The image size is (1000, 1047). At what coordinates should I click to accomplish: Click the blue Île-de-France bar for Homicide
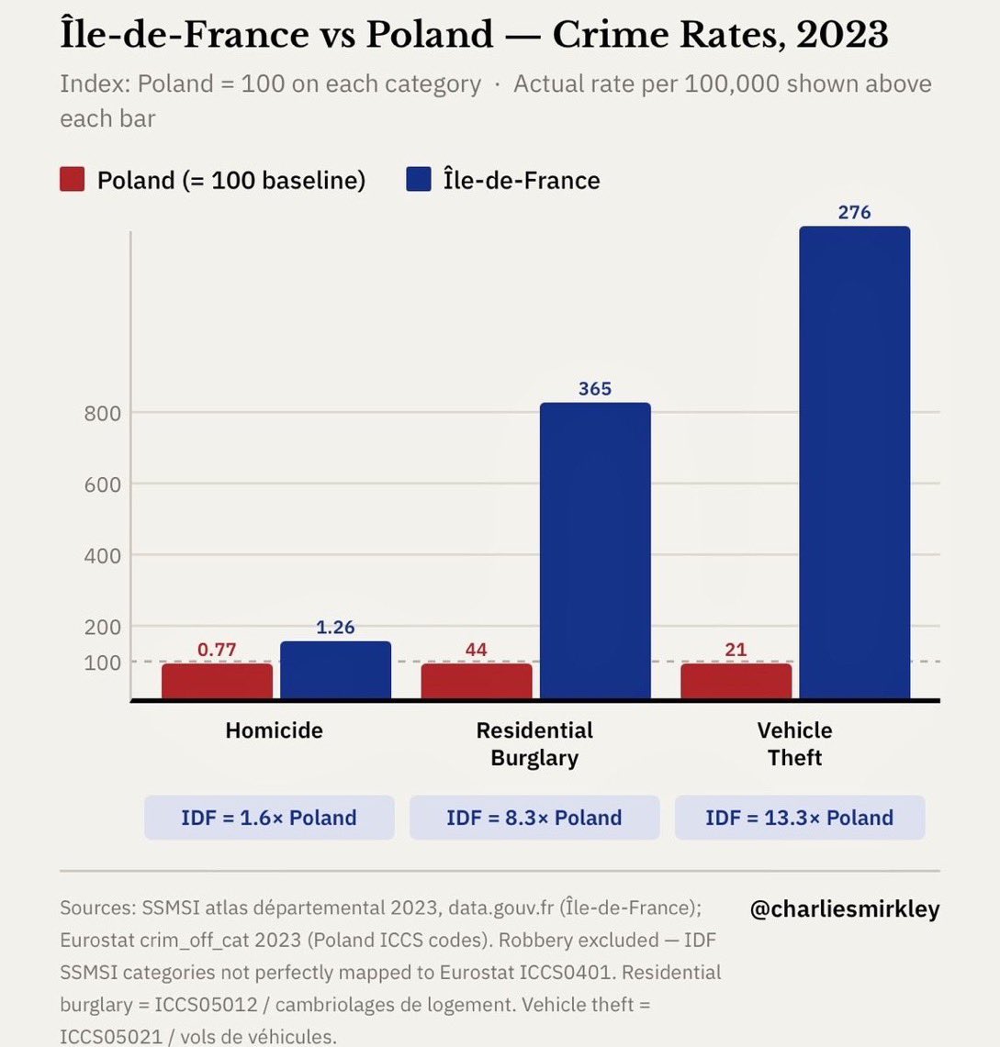pos(335,671)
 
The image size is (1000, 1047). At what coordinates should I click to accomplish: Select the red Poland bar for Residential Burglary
pos(477,681)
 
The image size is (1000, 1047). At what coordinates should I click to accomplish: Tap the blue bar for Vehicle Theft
pos(854,463)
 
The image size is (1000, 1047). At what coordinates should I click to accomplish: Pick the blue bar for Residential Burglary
pos(595,551)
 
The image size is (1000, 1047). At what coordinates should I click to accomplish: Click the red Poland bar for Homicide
pos(217,681)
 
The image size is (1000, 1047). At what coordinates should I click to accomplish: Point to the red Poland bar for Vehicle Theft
pos(736,681)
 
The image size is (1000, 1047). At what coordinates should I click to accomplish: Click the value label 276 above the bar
pos(854,212)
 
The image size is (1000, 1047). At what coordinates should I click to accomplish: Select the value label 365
pos(595,388)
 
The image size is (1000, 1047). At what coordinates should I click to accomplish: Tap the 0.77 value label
pos(217,650)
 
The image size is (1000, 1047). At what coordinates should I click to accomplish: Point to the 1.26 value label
pos(335,628)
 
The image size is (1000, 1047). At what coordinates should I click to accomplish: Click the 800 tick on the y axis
pos(103,413)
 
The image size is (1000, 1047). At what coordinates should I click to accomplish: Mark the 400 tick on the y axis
pos(103,555)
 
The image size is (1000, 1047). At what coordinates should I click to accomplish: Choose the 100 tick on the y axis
pos(103,663)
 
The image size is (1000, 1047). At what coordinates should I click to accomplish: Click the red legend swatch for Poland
pos(73,180)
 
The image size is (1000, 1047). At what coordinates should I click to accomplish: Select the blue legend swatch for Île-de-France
pos(419,180)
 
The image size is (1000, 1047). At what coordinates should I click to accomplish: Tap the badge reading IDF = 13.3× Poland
pos(799,818)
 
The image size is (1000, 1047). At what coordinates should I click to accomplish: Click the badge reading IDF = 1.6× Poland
pos(269,818)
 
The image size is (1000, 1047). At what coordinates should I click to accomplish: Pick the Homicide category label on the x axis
pos(274,730)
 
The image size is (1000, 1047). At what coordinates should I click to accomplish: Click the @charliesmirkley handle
pos(845,909)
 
